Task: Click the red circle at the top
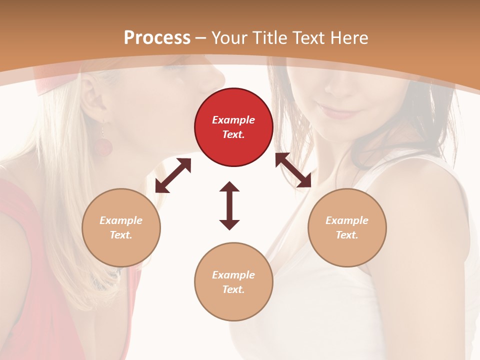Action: [233, 127]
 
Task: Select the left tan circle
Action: [121, 227]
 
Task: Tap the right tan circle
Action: [347, 227]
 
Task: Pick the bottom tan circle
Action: [233, 282]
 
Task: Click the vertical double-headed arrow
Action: [229, 205]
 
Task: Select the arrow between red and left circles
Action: [173, 175]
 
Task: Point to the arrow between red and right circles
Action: [293, 170]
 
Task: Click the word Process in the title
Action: [157, 37]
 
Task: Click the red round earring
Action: [104, 146]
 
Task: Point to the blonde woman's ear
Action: [92, 100]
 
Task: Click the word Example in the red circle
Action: [233, 120]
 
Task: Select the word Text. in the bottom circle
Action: [233, 289]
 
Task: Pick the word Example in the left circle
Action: [121, 220]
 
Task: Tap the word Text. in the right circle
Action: [347, 235]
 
